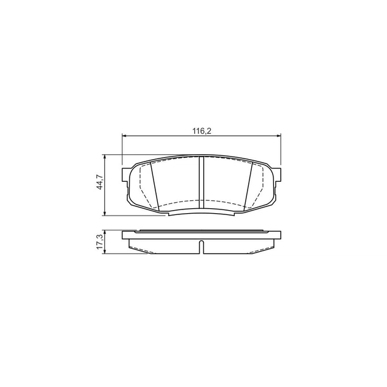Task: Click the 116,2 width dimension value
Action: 202,131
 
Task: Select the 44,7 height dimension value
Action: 100,182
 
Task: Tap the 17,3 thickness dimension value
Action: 100,241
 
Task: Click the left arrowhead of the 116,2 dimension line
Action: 124,136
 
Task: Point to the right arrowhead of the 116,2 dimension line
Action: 279,136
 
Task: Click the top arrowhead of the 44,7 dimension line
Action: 105,157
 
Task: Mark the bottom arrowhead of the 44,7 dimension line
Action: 105,214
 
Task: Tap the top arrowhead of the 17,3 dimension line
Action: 105,232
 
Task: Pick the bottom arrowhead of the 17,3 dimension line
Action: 105,251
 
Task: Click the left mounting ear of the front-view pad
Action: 125,175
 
